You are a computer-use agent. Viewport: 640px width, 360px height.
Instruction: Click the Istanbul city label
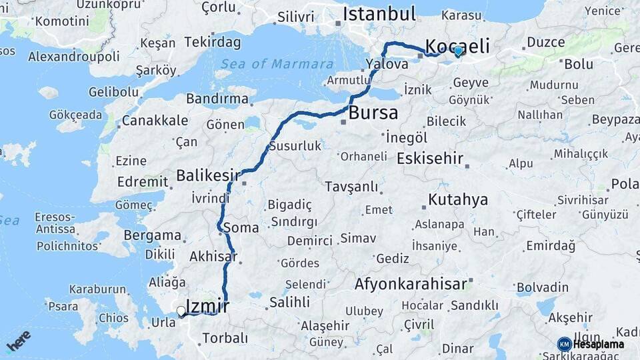point(379,14)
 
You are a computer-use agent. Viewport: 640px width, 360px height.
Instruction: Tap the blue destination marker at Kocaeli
point(458,50)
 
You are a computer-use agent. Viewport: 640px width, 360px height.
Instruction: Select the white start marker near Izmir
point(181,311)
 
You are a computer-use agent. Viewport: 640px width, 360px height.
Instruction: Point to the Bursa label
point(373,112)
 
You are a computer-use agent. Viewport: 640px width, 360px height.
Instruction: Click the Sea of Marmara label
point(277,64)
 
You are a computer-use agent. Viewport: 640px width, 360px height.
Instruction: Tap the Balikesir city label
point(207,175)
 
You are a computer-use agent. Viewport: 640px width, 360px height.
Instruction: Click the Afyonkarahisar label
point(410,284)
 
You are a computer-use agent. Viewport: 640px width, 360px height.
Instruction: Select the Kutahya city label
point(457,199)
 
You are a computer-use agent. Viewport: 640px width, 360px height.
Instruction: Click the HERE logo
point(18,341)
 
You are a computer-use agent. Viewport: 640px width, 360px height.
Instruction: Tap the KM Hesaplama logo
point(591,344)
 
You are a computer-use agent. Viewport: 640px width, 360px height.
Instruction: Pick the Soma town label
point(241,227)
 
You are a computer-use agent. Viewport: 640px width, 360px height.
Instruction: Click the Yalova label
point(386,65)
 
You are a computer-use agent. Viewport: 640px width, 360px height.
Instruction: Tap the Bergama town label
point(152,235)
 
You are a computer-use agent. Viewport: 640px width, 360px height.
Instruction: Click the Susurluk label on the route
point(295,146)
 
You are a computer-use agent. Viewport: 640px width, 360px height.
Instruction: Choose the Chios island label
point(113,318)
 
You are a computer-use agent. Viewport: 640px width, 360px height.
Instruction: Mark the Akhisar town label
point(213,256)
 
